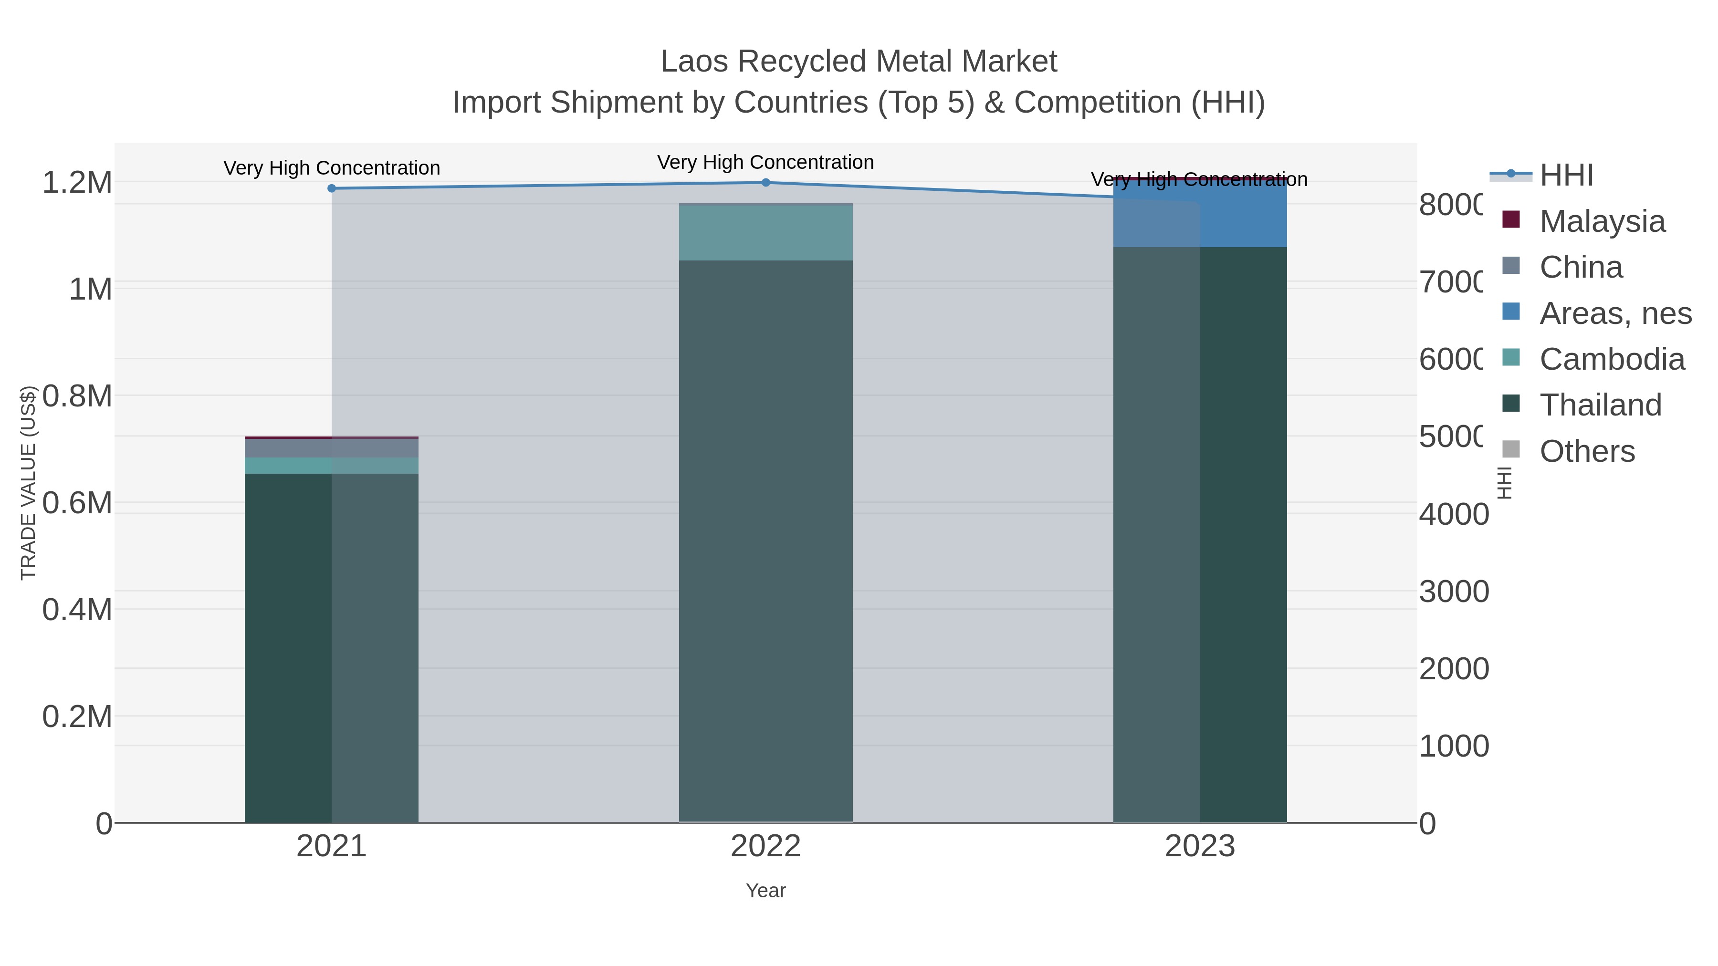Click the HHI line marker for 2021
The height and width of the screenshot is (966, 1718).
pyautogui.click(x=332, y=188)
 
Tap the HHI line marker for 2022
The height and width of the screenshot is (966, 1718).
pyautogui.click(x=765, y=183)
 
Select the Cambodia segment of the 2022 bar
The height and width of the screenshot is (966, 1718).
pyautogui.click(x=765, y=232)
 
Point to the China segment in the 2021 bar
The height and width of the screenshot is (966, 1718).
pyautogui.click(x=332, y=448)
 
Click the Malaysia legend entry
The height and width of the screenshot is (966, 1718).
pyautogui.click(x=1601, y=221)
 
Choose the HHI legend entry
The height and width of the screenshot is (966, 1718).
pyautogui.click(x=1565, y=176)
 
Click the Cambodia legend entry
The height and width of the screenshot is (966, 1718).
pyautogui.click(x=1611, y=359)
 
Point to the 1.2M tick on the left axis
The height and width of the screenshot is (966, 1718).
pyautogui.click(x=77, y=183)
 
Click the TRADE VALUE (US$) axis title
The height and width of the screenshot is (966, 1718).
pyautogui.click(x=28, y=483)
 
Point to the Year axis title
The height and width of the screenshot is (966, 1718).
pyautogui.click(x=765, y=891)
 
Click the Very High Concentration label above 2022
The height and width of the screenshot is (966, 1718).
pyautogui.click(x=765, y=162)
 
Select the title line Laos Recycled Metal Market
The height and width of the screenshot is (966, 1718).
pyautogui.click(x=859, y=62)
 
